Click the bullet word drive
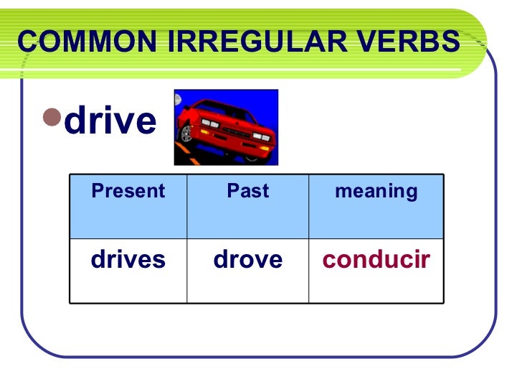click(110, 121)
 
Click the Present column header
click(128, 191)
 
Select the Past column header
click(247, 191)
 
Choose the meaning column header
click(376, 191)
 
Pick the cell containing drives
click(128, 259)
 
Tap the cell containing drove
click(247, 259)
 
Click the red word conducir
click(376, 259)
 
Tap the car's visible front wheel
click(187, 134)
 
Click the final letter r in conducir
click(426, 259)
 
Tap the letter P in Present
click(97, 191)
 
